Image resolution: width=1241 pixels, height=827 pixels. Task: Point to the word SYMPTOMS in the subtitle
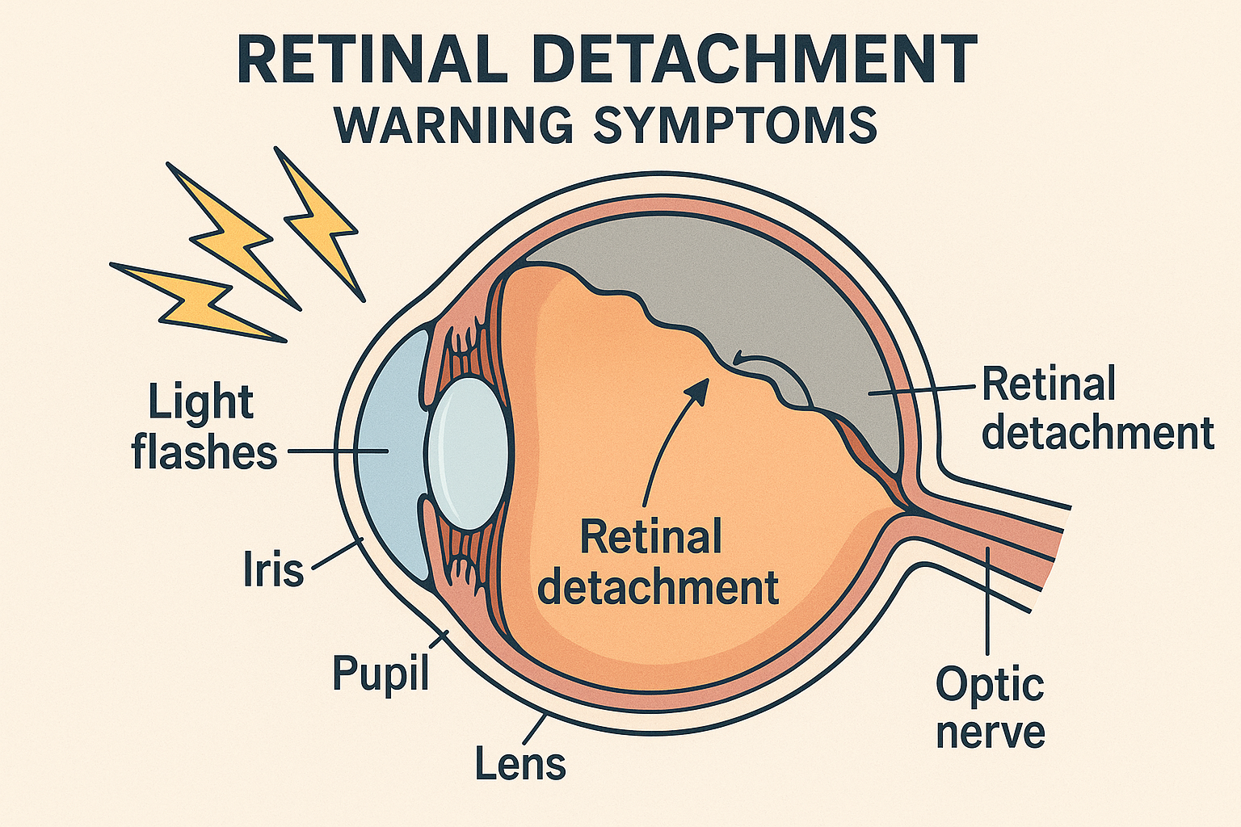point(734,125)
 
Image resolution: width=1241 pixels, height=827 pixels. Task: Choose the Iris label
point(273,570)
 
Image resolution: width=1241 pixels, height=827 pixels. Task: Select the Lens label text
point(520,762)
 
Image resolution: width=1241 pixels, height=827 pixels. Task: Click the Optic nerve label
point(990,707)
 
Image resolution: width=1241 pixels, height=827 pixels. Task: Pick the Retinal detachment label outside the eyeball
point(1097,409)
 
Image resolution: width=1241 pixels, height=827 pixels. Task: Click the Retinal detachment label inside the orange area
point(657,562)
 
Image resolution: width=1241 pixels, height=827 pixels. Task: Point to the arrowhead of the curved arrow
point(700,388)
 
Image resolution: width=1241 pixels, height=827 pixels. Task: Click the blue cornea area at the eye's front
point(390,452)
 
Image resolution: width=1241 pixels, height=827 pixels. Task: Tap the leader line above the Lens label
point(536,728)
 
